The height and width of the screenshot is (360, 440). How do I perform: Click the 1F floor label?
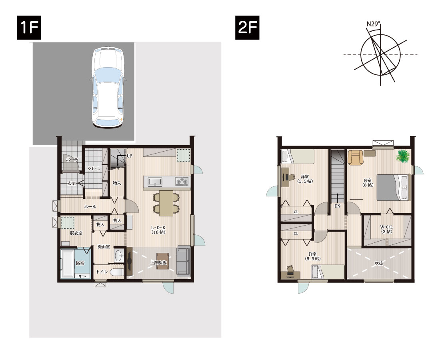tap(29, 28)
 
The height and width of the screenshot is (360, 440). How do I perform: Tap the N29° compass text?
tap(374, 24)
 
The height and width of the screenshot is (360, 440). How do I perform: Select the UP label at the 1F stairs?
tap(129, 156)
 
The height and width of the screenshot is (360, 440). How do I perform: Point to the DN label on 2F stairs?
tap(338, 206)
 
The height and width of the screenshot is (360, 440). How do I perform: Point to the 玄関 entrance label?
tap(72, 184)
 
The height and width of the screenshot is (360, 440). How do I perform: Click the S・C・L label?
tap(94, 169)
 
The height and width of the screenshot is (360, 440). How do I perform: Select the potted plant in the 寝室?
tap(403, 156)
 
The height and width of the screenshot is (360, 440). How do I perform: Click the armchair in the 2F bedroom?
tap(355, 157)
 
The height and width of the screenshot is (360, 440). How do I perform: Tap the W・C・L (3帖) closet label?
tap(386, 229)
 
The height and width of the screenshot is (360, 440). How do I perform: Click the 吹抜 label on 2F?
tap(379, 263)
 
